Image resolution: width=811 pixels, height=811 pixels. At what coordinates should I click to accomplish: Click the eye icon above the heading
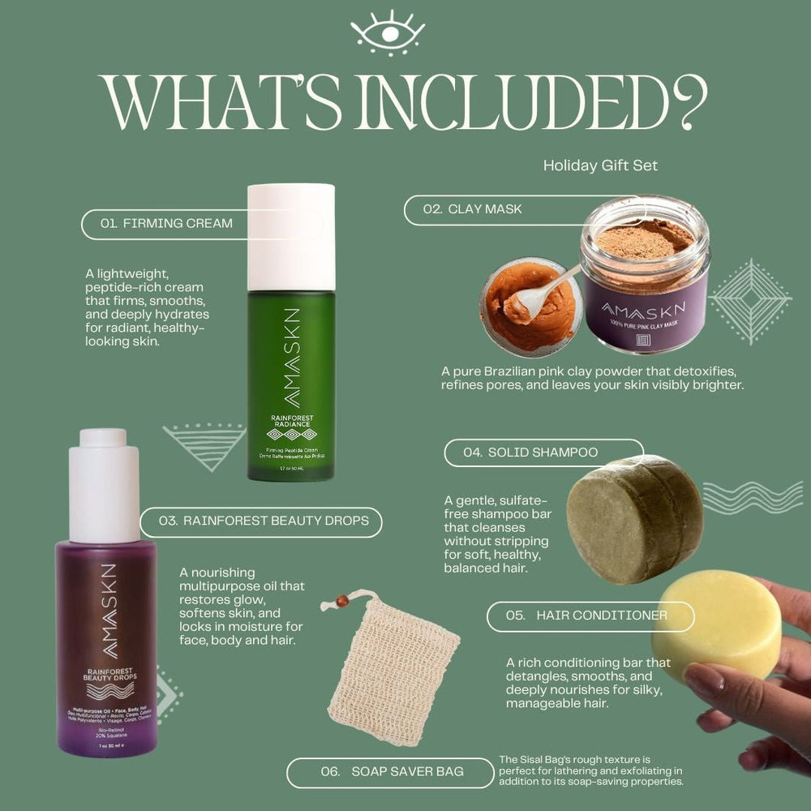[x=388, y=33]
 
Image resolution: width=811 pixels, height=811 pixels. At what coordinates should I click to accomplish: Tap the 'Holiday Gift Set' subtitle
[x=600, y=165]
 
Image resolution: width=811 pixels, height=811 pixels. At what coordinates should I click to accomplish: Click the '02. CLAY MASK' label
[x=472, y=209]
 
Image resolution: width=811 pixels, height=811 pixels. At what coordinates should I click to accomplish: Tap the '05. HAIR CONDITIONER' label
[x=589, y=616]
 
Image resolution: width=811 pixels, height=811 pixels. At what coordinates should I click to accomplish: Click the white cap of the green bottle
[x=291, y=236]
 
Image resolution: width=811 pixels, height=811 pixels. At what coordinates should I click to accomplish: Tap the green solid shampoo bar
[x=634, y=519]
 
